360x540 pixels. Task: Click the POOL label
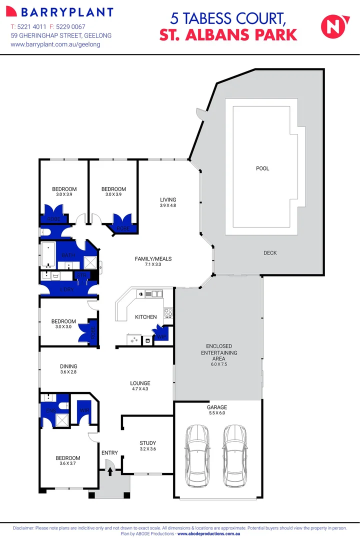[x=262, y=168]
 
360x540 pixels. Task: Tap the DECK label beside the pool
[x=270, y=253]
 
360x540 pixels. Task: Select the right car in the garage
[x=233, y=455]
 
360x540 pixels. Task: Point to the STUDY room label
[x=148, y=443]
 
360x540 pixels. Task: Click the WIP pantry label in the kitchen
[x=161, y=337]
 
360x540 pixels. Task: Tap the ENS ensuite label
[x=50, y=410]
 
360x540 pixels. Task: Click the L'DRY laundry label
[x=67, y=290]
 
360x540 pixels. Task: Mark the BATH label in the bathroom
[x=68, y=255]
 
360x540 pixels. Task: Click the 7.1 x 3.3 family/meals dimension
[x=153, y=264]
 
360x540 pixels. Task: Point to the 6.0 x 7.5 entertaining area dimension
[x=218, y=364]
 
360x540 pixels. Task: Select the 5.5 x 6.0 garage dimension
[x=217, y=413]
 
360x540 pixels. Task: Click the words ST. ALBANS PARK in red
[x=228, y=34]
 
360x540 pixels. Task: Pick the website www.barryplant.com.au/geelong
[x=55, y=44]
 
